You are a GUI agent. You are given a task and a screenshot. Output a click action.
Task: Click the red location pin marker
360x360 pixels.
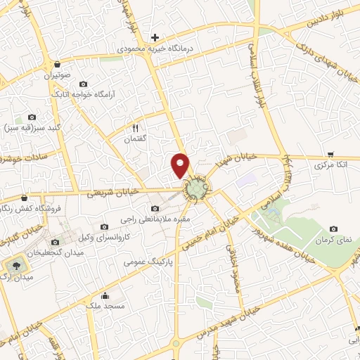(x=181, y=165)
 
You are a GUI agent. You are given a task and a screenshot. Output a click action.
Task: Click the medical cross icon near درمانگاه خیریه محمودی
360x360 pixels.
(x=155, y=37)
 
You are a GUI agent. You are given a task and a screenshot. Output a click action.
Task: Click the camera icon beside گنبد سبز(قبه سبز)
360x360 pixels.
(x=31, y=117)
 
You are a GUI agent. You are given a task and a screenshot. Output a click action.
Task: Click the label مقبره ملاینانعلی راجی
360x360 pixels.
(x=157, y=220)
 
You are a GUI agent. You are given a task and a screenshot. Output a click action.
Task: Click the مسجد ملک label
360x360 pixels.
(x=105, y=307)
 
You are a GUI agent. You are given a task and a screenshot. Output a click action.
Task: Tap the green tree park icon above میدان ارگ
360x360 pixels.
(x=13, y=265)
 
